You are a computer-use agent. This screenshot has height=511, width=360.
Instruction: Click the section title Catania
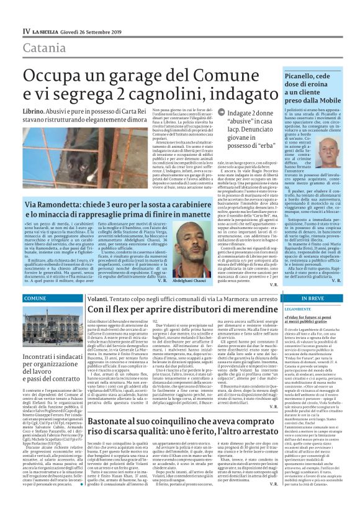click(43, 48)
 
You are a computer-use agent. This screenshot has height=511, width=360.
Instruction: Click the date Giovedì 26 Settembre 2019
click(94, 30)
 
